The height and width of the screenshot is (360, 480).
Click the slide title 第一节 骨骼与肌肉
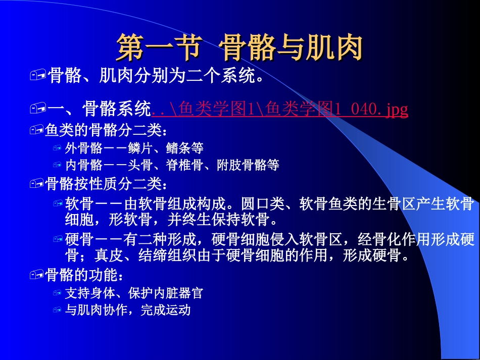point(240,47)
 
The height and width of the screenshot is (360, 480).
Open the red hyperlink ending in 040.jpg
point(280,109)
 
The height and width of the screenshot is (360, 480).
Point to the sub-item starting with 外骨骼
point(134,148)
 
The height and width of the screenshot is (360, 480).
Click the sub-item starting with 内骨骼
point(172,165)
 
